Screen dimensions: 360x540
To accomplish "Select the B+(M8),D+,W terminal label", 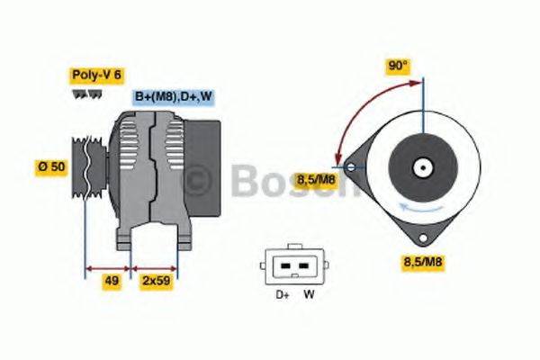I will click(x=173, y=97).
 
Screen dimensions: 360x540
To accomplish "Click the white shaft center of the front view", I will click(x=422, y=168).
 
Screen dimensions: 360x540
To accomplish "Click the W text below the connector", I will click(x=308, y=293).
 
